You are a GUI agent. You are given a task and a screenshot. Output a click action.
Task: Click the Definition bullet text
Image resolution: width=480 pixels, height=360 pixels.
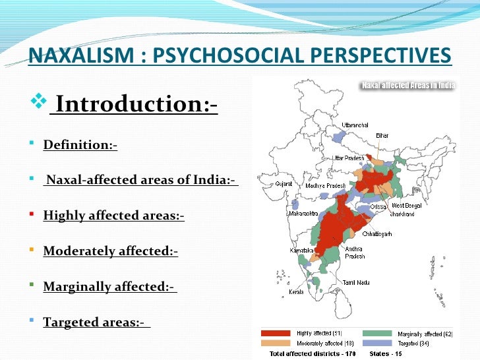click(80, 145)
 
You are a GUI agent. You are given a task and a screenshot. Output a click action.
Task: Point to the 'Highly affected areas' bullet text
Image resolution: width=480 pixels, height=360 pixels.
click(113, 216)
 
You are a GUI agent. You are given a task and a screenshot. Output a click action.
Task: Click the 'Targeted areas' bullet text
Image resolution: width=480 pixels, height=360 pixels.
click(96, 322)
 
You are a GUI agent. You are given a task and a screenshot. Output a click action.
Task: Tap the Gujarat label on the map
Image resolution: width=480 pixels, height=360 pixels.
click(284, 185)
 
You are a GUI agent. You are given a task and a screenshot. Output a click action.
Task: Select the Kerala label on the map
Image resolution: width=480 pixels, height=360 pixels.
click(297, 291)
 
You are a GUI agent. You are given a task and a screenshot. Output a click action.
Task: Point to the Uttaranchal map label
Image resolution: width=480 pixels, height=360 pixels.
click(355, 125)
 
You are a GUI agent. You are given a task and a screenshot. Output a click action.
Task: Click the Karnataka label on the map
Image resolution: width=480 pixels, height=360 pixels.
click(301, 251)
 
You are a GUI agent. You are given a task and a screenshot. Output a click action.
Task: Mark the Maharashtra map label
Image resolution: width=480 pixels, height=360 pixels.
click(304, 214)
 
